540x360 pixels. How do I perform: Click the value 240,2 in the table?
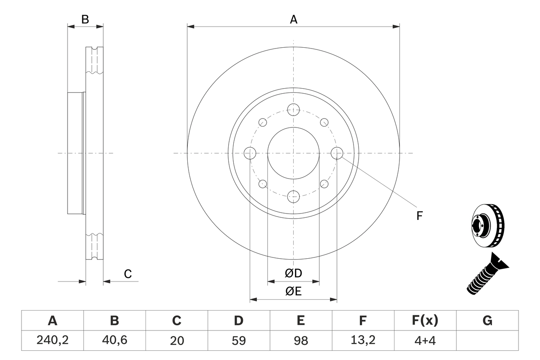pyautogui.click(x=52, y=341)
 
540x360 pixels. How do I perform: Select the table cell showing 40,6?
pyautogui.click(x=114, y=341)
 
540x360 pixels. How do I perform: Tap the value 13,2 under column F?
pyautogui.click(x=363, y=341)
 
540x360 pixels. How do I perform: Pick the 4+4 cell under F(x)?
pyautogui.click(x=425, y=341)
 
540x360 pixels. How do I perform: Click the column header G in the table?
pyautogui.click(x=487, y=321)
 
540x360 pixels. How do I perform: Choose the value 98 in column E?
pyautogui.click(x=301, y=341)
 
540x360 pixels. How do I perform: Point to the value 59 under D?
pyautogui.click(x=239, y=341)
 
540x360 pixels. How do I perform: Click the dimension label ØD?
pyautogui.click(x=294, y=273)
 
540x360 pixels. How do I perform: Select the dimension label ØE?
pyautogui.click(x=294, y=292)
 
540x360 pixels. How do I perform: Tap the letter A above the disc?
pyautogui.click(x=294, y=19)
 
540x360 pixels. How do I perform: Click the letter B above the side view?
pyautogui.click(x=85, y=19)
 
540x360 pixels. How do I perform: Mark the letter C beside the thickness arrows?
pyautogui.click(x=128, y=274)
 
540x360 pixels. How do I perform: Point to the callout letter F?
pyautogui.click(x=419, y=216)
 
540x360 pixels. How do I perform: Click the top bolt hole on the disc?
pyautogui.click(x=293, y=110)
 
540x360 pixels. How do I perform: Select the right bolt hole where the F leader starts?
pyautogui.click(x=337, y=153)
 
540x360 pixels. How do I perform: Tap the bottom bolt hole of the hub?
pyautogui.click(x=293, y=196)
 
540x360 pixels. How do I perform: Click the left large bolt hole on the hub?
pyautogui.click(x=250, y=153)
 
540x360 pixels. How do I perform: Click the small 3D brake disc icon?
pyautogui.click(x=487, y=225)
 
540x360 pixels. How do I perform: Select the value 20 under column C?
pyautogui.click(x=177, y=341)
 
